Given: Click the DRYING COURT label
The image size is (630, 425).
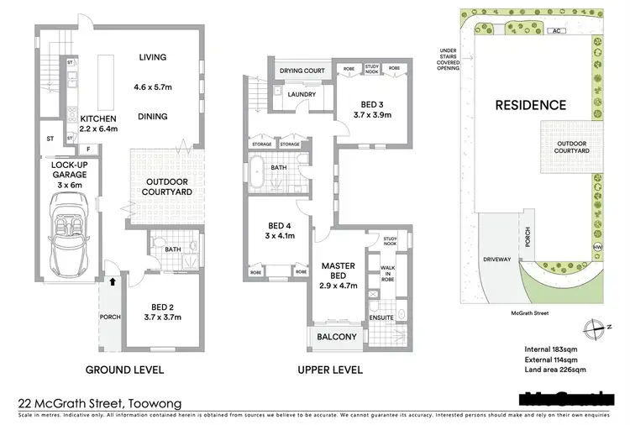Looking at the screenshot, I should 302,71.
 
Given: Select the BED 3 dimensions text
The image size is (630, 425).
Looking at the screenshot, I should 365,113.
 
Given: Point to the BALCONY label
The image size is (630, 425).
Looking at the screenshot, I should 338,338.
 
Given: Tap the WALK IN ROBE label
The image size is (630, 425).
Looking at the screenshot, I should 387,274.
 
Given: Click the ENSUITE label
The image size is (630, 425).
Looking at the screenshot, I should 379,317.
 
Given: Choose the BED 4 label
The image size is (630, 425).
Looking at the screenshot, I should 276,231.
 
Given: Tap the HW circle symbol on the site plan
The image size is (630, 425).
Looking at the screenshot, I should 597,246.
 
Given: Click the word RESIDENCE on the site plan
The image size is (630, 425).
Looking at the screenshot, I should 529,105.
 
